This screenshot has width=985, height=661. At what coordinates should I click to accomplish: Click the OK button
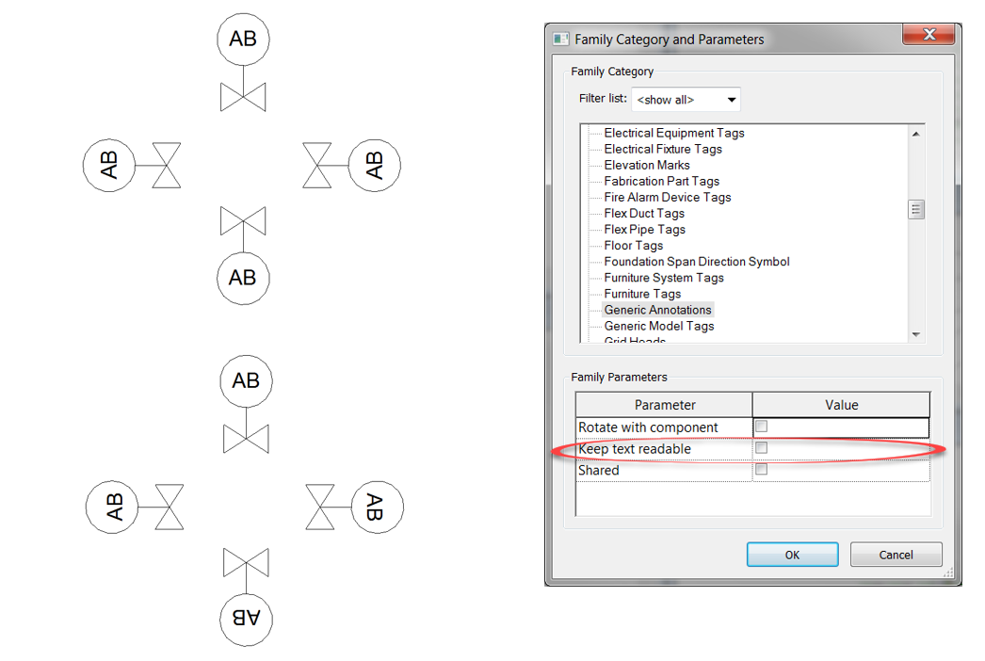pos(792,555)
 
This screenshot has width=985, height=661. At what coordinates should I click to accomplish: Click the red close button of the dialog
pos(928,36)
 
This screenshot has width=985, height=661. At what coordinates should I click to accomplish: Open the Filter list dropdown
pos(686,99)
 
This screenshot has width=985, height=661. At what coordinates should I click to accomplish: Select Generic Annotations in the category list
pos(657,310)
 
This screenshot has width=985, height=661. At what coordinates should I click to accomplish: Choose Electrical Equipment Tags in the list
pos(673,133)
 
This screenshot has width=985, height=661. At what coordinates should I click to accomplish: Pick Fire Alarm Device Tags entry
pos(667,197)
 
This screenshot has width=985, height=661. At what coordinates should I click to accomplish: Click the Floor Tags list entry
pos(634,246)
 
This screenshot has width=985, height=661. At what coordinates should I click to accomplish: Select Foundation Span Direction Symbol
pos(696,262)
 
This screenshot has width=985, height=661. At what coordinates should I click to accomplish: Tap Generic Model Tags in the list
pos(658,326)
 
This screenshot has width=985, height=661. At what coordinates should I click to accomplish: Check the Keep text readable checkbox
pos(761,448)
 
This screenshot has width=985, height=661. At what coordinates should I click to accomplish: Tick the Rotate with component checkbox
pos(761,427)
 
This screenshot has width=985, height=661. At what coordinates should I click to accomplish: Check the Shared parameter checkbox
pos(761,469)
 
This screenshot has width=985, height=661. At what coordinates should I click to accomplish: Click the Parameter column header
pos(664,405)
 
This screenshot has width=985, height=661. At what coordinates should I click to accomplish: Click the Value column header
pos(841,405)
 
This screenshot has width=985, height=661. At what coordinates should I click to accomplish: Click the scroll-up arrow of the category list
pos(916,134)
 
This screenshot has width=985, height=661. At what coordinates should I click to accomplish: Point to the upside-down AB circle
pos(246,618)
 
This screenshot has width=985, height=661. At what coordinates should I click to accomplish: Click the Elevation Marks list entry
pos(646,165)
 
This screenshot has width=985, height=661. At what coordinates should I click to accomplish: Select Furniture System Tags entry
pos(663,278)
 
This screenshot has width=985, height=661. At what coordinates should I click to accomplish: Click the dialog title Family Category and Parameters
pos(669,40)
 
